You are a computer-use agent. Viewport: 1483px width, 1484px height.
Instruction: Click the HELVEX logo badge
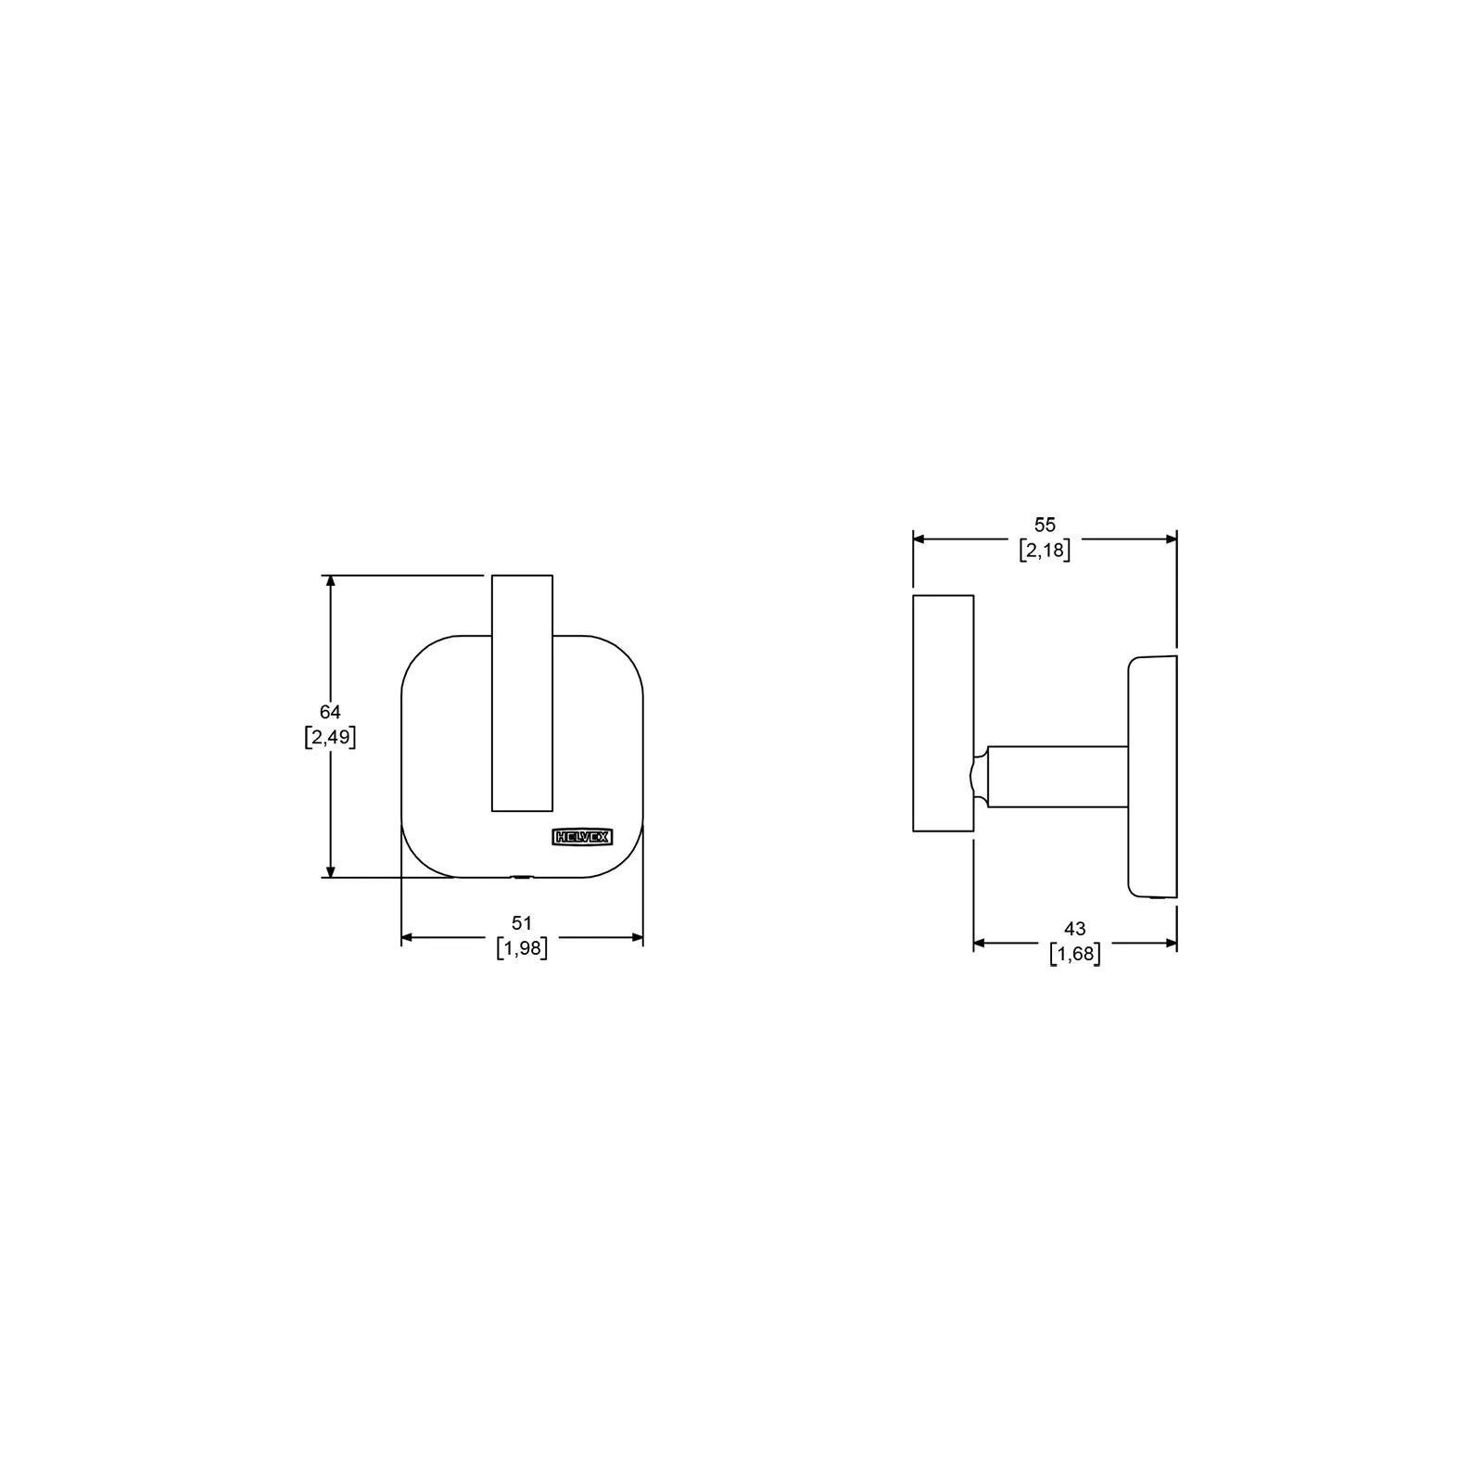(x=581, y=836)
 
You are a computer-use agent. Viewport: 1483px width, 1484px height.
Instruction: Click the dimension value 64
(x=330, y=712)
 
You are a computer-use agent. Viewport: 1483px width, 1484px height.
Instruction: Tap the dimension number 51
(x=523, y=922)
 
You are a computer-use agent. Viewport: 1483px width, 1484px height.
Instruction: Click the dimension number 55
(x=1045, y=525)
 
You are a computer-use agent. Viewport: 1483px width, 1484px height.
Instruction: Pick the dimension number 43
(x=1074, y=928)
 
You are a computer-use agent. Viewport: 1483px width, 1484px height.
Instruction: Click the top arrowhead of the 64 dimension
(x=330, y=582)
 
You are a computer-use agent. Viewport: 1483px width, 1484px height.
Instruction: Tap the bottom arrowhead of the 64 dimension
(x=330, y=870)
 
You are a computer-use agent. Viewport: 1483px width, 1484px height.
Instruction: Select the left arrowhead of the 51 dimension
(x=408, y=937)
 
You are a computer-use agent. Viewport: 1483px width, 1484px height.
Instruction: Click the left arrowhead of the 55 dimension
(x=920, y=539)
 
